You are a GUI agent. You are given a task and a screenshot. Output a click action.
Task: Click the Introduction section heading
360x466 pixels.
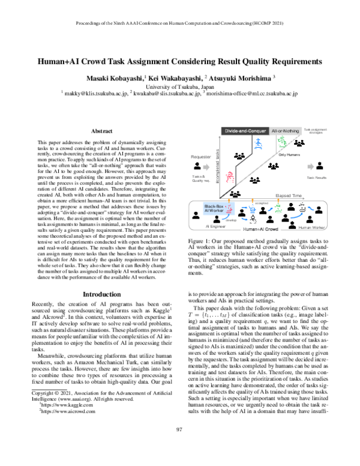[101, 295]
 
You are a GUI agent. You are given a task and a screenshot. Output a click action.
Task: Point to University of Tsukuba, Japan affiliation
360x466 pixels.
[180, 86]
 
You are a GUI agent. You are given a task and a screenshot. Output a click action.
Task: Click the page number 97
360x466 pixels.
[179, 445]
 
